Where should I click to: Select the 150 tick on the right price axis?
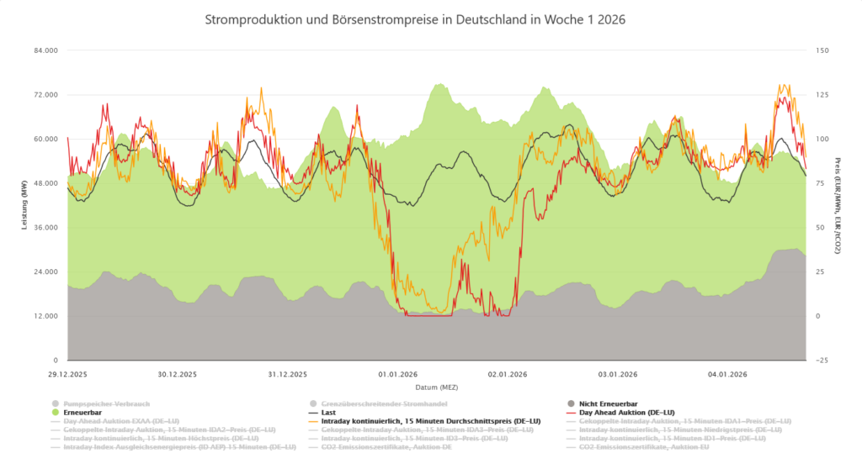[822, 50]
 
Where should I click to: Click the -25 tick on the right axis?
[822, 361]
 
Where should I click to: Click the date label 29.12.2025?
[69, 374]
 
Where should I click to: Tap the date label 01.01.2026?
[397, 374]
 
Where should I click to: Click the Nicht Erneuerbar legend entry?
[612, 403]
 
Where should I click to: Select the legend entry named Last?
[329, 413]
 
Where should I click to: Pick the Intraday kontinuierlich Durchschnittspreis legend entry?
[430, 421]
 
